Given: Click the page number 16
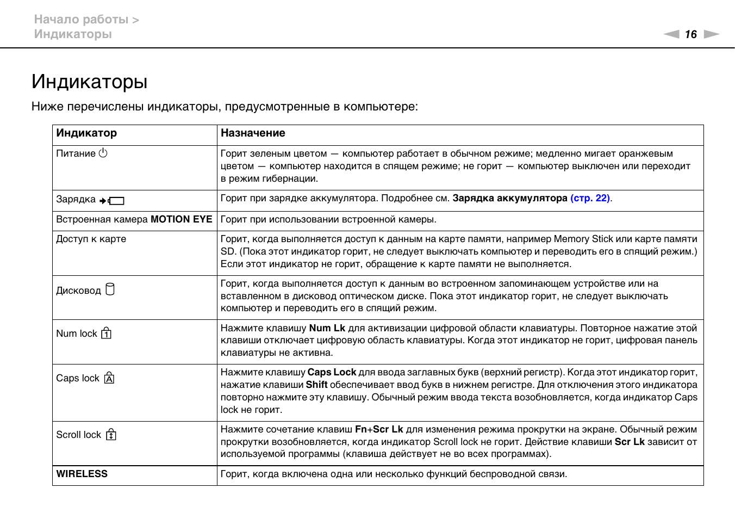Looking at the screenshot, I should tap(690, 34).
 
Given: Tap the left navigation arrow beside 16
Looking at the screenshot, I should tap(672, 34).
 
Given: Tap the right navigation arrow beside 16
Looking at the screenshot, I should tap(711, 34).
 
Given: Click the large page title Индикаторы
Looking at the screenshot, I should tap(90, 82).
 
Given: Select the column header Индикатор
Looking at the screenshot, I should tap(86, 133).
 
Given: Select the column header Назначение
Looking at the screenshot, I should tap(253, 133).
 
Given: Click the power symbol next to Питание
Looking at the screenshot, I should tap(103, 153).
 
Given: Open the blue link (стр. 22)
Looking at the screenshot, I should tap(590, 199).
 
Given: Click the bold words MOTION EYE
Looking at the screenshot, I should tap(181, 219).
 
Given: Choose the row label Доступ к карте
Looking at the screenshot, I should tap(91, 239).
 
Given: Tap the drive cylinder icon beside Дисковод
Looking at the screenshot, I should tap(110, 289).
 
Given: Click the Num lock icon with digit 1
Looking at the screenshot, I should tap(107, 333).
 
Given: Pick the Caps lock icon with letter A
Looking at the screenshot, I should tap(109, 378).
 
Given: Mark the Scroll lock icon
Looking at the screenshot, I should tap(111, 435).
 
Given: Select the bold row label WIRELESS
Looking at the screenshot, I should tap(82, 474).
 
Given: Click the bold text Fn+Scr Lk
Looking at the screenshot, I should tap(379, 429).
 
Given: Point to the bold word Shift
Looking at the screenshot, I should tap(316, 385).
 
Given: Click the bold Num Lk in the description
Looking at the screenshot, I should tap(327, 328).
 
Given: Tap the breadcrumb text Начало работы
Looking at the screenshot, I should tap(81, 20).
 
